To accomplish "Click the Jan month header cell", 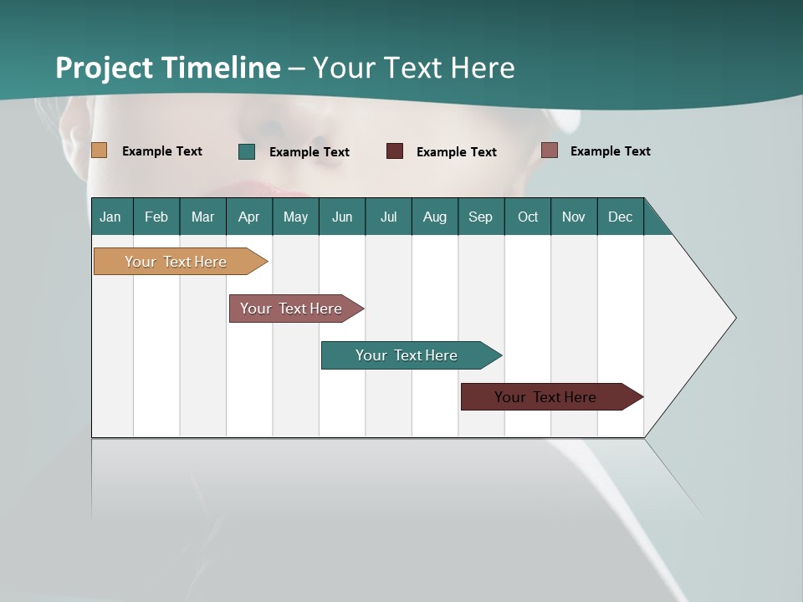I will [111, 217].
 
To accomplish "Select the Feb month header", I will [156, 217].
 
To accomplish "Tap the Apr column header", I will [249, 217].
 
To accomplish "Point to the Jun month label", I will [342, 217].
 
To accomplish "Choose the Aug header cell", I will [435, 217].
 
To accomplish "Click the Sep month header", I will [481, 217].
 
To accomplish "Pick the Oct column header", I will [528, 217].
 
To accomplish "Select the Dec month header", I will [621, 217].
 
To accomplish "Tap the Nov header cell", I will [574, 217].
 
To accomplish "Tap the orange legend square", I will [99, 150].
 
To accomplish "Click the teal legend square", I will [247, 151].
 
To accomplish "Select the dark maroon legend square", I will [395, 151].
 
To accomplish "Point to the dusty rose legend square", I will [549, 150].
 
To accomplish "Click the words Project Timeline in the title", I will [168, 68].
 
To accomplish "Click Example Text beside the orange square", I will [162, 151].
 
